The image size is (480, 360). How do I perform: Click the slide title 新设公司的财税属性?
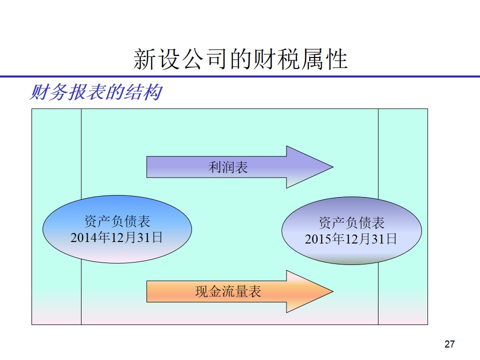[240, 59]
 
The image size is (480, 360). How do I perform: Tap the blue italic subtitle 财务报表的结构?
[96, 92]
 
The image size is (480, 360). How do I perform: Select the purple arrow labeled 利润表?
[239, 167]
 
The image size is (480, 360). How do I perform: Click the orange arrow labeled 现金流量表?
[239, 291]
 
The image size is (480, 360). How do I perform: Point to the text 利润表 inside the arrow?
[228, 167]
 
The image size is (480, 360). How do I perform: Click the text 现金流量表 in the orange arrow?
[228, 291]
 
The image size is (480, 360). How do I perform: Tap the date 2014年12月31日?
[116, 237]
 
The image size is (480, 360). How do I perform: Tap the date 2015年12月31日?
[351, 239]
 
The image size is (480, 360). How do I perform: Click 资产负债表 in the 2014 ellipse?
[117, 221]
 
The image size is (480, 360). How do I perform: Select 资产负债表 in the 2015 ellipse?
[351, 222]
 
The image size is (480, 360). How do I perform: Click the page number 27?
[449, 344]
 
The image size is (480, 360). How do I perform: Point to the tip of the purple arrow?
[333, 167]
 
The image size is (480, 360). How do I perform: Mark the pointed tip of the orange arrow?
[333, 291]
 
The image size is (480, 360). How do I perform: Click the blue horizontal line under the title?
[240, 76]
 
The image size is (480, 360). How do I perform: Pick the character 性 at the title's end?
[336, 59]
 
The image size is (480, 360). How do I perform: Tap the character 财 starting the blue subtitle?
[39, 92]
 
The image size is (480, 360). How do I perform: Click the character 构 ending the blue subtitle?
[153, 92]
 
